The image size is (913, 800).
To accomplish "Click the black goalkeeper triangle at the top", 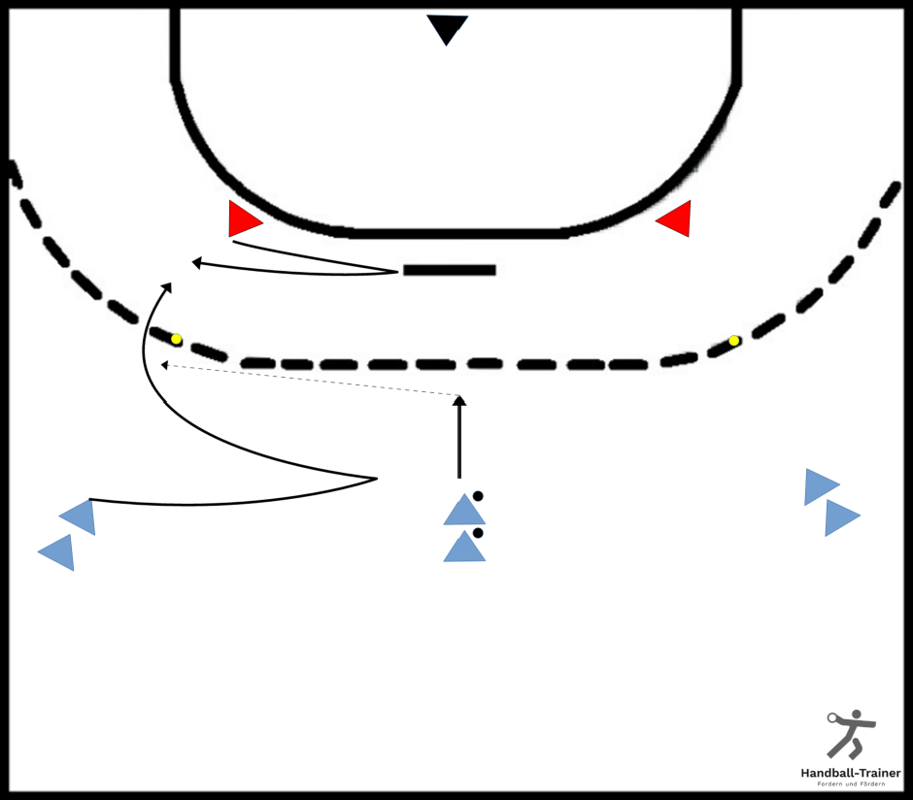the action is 447,27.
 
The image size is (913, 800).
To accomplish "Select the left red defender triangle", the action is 242,219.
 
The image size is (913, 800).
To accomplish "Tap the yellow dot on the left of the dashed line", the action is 176,339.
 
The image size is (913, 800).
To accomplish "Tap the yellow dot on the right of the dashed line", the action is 734,341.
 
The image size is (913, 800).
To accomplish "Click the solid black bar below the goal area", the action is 450,270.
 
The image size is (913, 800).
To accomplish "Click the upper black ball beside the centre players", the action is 478,496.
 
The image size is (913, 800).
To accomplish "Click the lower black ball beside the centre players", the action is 478,533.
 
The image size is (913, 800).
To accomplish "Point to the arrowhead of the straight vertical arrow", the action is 459,400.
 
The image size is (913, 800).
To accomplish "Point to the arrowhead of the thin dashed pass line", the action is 165,365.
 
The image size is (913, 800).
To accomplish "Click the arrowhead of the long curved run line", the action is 167,287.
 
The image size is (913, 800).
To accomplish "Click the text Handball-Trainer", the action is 851,773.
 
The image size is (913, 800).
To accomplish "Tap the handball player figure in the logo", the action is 851,734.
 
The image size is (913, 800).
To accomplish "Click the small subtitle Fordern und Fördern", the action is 851,784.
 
